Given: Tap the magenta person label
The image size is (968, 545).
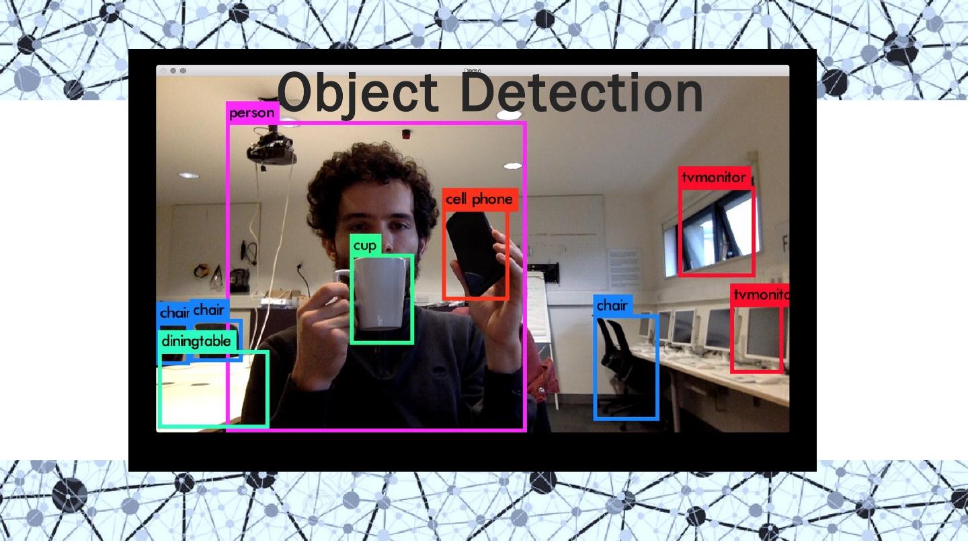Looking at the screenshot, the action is tap(252, 113).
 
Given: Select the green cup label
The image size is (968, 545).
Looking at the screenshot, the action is tap(365, 246).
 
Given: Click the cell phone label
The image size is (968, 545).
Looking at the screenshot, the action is tap(479, 199).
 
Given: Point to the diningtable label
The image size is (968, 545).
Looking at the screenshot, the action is tap(196, 341).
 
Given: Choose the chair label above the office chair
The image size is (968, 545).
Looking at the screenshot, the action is tap(612, 305).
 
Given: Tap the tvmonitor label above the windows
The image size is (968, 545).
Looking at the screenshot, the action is tap(713, 178).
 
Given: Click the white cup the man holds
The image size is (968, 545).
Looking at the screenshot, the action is tap(380, 293).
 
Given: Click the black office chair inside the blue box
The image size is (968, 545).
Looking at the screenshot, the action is tap(622, 367).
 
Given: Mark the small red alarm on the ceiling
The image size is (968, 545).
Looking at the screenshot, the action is tap(406, 135).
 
